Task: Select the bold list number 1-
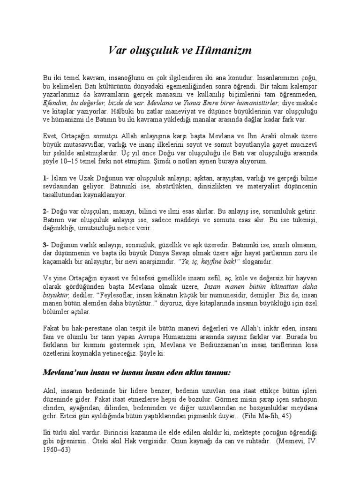tap(45, 178)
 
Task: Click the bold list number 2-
tap(45, 212)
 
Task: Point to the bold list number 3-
tap(45, 246)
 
